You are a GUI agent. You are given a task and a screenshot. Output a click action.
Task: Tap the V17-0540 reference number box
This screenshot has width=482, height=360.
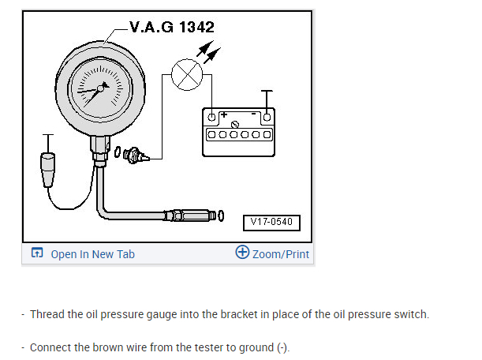click(271, 222)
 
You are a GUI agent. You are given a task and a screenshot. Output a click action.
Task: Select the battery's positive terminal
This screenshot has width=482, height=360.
click(211, 118)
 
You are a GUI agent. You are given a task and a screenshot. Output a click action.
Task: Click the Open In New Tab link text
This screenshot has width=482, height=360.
click(92, 254)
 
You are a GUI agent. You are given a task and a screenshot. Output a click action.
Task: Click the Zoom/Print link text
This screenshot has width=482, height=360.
click(281, 254)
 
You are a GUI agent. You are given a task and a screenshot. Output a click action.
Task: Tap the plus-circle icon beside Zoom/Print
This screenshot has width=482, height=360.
click(242, 253)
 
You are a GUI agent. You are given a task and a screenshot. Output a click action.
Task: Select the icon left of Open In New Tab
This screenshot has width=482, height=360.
click(35, 253)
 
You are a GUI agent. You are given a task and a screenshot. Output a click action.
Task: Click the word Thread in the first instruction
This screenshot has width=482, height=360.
click(46, 314)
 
